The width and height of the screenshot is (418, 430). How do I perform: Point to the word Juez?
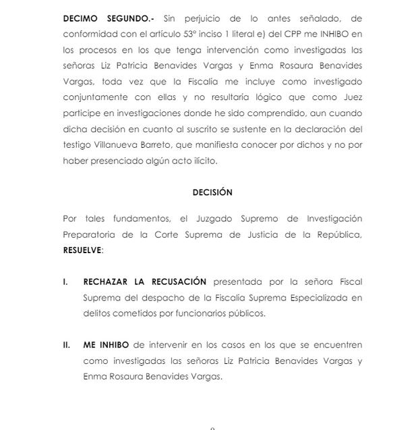(x=351, y=114)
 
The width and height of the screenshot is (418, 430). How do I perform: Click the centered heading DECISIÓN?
(x=212, y=192)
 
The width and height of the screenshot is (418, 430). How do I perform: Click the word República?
(x=338, y=234)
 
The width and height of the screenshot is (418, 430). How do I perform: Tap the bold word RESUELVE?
(x=82, y=249)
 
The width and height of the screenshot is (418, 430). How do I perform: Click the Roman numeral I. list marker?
(x=65, y=281)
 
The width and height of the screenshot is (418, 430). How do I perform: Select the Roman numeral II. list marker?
(x=67, y=345)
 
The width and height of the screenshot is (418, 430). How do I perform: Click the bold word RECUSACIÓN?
(x=179, y=281)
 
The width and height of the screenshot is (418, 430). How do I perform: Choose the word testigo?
(x=78, y=145)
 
